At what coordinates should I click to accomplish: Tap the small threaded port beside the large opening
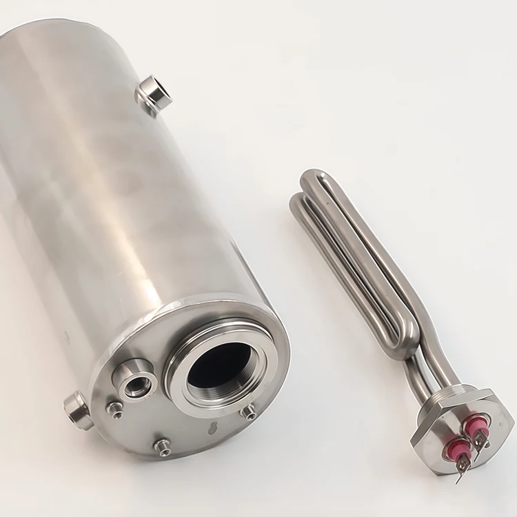(136, 382)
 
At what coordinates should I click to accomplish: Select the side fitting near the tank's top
(154, 92)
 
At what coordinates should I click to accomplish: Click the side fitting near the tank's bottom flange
(77, 410)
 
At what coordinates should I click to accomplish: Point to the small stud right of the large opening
(249, 412)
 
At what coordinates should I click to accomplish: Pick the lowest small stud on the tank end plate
(163, 447)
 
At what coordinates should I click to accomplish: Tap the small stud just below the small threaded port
(115, 409)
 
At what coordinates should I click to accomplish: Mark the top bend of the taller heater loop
(314, 178)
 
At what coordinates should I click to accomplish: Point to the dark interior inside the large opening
(219, 365)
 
